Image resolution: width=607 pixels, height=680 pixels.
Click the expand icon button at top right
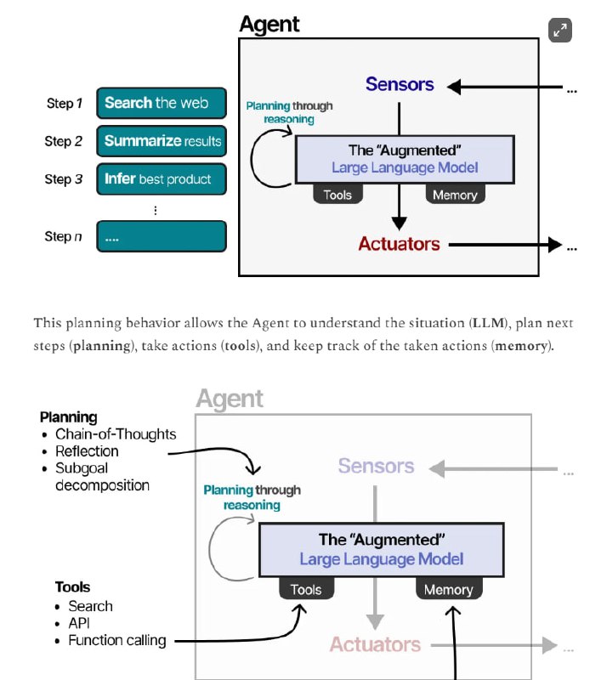click(x=560, y=31)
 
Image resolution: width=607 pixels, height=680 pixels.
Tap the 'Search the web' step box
click(x=162, y=103)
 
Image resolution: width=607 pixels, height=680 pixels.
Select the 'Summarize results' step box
click(x=162, y=141)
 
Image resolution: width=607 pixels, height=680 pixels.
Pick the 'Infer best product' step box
click(x=162, y=179)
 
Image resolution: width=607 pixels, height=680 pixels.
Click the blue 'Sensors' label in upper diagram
click(x=400, y=84)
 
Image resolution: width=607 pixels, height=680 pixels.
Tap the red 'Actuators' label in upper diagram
click(x=399, y=244)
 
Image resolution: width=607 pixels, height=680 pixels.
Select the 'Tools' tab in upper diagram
click(x=338, y=195)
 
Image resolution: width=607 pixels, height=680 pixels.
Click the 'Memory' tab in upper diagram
click(x=455, y=195)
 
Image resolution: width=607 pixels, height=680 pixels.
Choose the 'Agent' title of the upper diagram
click(x=269, y=24)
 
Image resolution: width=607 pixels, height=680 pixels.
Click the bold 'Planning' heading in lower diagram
click(x=68, y=417)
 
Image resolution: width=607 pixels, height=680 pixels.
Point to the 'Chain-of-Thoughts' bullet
click(x=116, y=434)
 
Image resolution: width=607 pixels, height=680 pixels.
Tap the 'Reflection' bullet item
click(x=87, y=451)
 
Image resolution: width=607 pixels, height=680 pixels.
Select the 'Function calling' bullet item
click(x=117, y=640)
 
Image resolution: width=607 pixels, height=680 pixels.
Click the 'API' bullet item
click(x=80, y=623)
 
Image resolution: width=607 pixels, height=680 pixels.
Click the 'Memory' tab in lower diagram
click(x=448, y=589)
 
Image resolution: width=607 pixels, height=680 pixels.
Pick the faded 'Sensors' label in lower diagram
click(x=376, y=466)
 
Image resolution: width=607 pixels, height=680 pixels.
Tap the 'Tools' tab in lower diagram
click(x=306, y=589)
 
